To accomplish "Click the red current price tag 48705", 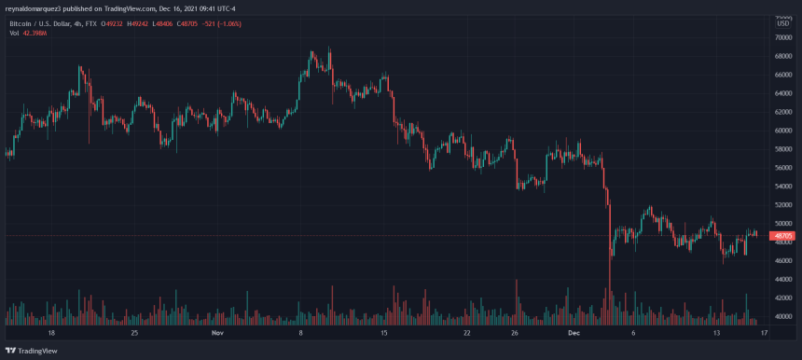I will [781, 236].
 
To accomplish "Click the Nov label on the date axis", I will [216, 332].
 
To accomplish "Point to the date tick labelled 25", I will [135, 332].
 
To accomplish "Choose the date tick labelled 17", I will [764, 332].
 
